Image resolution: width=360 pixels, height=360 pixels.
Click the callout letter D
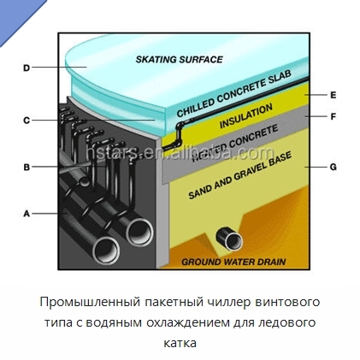[27, 68]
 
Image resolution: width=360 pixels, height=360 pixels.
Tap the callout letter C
[27, 121]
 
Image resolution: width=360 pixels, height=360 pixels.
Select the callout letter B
[27, 167]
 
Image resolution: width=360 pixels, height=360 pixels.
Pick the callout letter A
[27, 214]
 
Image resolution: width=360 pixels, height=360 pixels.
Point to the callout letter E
[333, 95]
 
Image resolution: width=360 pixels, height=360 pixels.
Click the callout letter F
[333, 116]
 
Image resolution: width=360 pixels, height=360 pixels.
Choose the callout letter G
[333, 167]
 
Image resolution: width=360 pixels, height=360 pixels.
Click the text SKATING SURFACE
[179, 59]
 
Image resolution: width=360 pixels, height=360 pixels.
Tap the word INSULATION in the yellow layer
[246, 116]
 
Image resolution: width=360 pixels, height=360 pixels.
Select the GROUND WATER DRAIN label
[233, 262]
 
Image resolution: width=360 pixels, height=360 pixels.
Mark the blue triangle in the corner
[17, 17]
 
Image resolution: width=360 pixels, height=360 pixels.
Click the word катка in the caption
[180, 343]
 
